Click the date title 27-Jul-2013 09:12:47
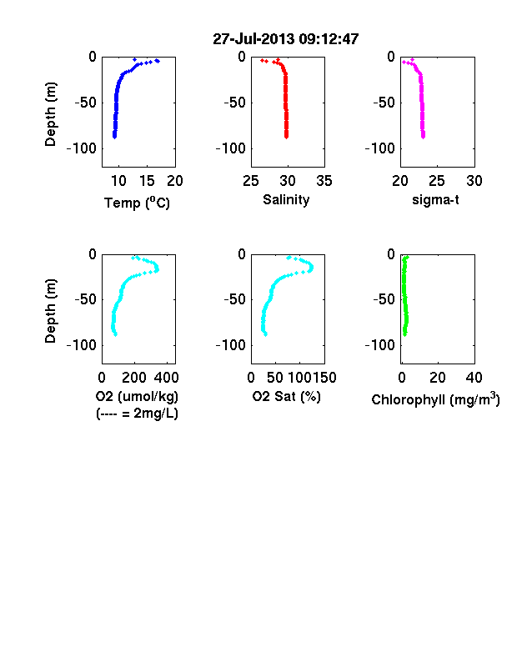tap(286, 39)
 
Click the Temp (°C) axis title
tap(137, 203)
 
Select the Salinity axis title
tap(286, 200)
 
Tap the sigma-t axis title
tap(435, 200)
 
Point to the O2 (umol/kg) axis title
tap(137, 396)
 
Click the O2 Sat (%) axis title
tap(286, 396)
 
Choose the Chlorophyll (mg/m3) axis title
tap(435, 399)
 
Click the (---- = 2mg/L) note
tap(137, 414)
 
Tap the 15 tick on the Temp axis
tap(147, 181)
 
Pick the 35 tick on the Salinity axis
tap(324, 181)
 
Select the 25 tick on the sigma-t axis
tap(437, 181)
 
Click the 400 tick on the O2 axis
tap(166, 378)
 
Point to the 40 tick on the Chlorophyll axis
tap(474, 378)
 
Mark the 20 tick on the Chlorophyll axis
tap(438, 378)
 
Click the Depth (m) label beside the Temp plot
tap(50, 114)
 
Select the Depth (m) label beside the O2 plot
tap(50, 311)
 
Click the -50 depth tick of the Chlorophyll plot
tap(384, 299)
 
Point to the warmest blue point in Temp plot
tap(157, 61)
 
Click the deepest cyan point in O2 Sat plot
tap(265, 334)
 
